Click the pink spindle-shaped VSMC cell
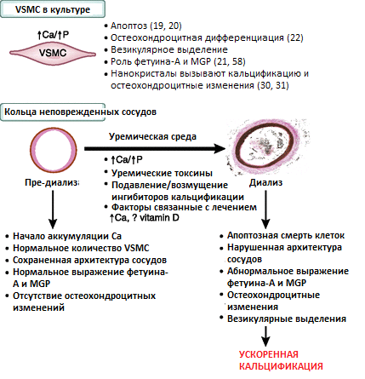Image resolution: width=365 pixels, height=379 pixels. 53,53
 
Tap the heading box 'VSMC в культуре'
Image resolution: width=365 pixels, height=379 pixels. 53,9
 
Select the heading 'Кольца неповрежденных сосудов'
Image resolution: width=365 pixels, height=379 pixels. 80,112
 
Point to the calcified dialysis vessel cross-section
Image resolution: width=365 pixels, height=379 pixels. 266,146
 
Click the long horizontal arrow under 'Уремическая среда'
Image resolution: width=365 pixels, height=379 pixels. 155,148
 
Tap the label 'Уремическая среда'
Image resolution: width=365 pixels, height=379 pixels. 152,136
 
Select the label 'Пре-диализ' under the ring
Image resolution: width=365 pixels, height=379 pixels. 52,182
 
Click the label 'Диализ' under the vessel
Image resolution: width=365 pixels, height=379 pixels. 265,182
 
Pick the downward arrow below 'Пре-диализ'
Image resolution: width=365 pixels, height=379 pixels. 53,210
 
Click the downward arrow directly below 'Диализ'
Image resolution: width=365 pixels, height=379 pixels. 265,210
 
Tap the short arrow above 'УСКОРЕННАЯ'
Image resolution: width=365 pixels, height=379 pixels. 265,336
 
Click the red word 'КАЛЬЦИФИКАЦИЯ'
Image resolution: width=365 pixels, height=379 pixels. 281,366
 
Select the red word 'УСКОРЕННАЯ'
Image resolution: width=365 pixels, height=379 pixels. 269,354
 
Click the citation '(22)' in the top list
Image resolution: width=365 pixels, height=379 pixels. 295,37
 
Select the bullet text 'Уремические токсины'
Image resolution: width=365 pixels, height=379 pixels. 162,173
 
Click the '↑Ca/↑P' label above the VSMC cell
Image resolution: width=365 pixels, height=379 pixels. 53,35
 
